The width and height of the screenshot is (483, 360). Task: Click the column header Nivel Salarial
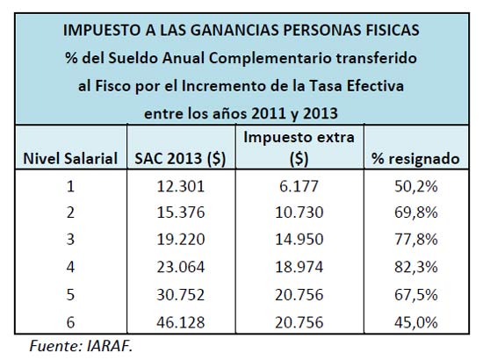pyautogui.click(x=70, y=159)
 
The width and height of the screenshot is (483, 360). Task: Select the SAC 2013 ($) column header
pyautogui.click(x=181, y=159)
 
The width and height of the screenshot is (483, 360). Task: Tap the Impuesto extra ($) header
pyautogui.click(x=299, y=148)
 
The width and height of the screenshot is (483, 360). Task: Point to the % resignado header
pyautogui.click(x=416, y=159)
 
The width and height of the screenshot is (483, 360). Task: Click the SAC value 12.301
pyautogui.click(x=181, y=186)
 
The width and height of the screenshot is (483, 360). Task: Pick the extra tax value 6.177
pyautogui.click(x=299, y=186)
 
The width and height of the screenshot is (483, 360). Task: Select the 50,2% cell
pyautogui.click(x=416, y=187)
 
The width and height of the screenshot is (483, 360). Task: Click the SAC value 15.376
pyautogui.click(x=181, y=212)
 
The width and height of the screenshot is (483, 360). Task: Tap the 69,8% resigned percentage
pyautogui.click(x=416, y=212)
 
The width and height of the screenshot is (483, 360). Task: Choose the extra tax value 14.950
pyautogui.click(x=299, y=240)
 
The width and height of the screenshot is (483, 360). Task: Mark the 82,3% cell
pyautogui.click(x=416, y=267)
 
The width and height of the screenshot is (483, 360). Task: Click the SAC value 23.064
pyautogui.click(x=181, y=267)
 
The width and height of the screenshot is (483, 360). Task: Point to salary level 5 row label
pyautogui.click(x=70, y=295)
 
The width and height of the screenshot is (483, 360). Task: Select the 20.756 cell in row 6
pyautogui.click(x=299, y=322)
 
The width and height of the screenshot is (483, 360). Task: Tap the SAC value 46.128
pyautogui.click(x=181, y=322)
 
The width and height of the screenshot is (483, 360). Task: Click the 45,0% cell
pyautogui.click(x=416, y=323)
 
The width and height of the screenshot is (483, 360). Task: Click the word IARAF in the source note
pyautogui.click(x=110, y=346)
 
